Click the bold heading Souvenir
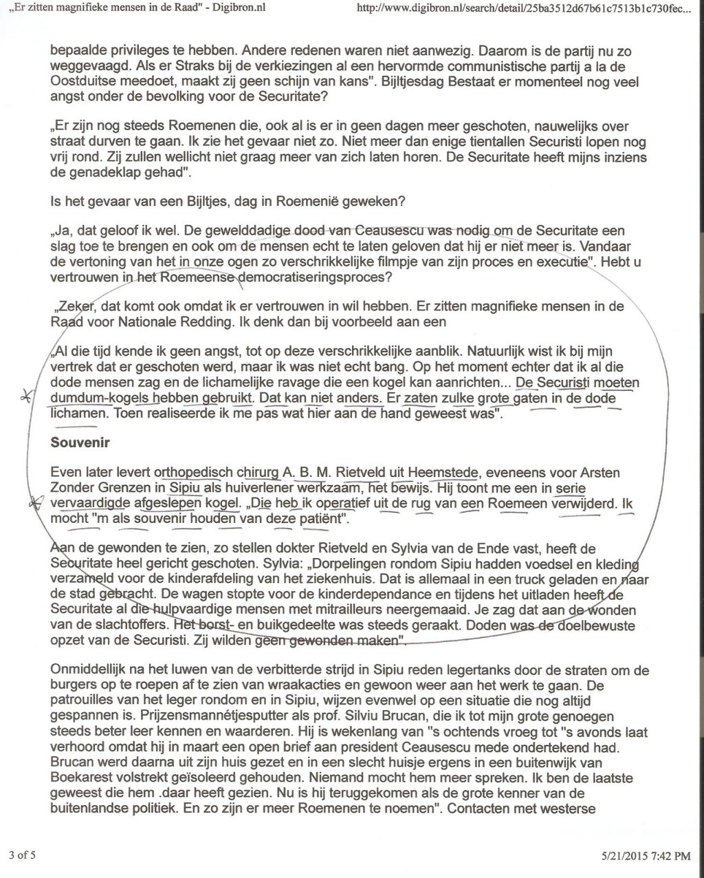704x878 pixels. (x=80, y=443)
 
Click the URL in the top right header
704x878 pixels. (x=521, y=9)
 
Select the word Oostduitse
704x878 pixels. (x=83, y=82)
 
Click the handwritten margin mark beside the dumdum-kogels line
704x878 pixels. (x=30, y=396)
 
